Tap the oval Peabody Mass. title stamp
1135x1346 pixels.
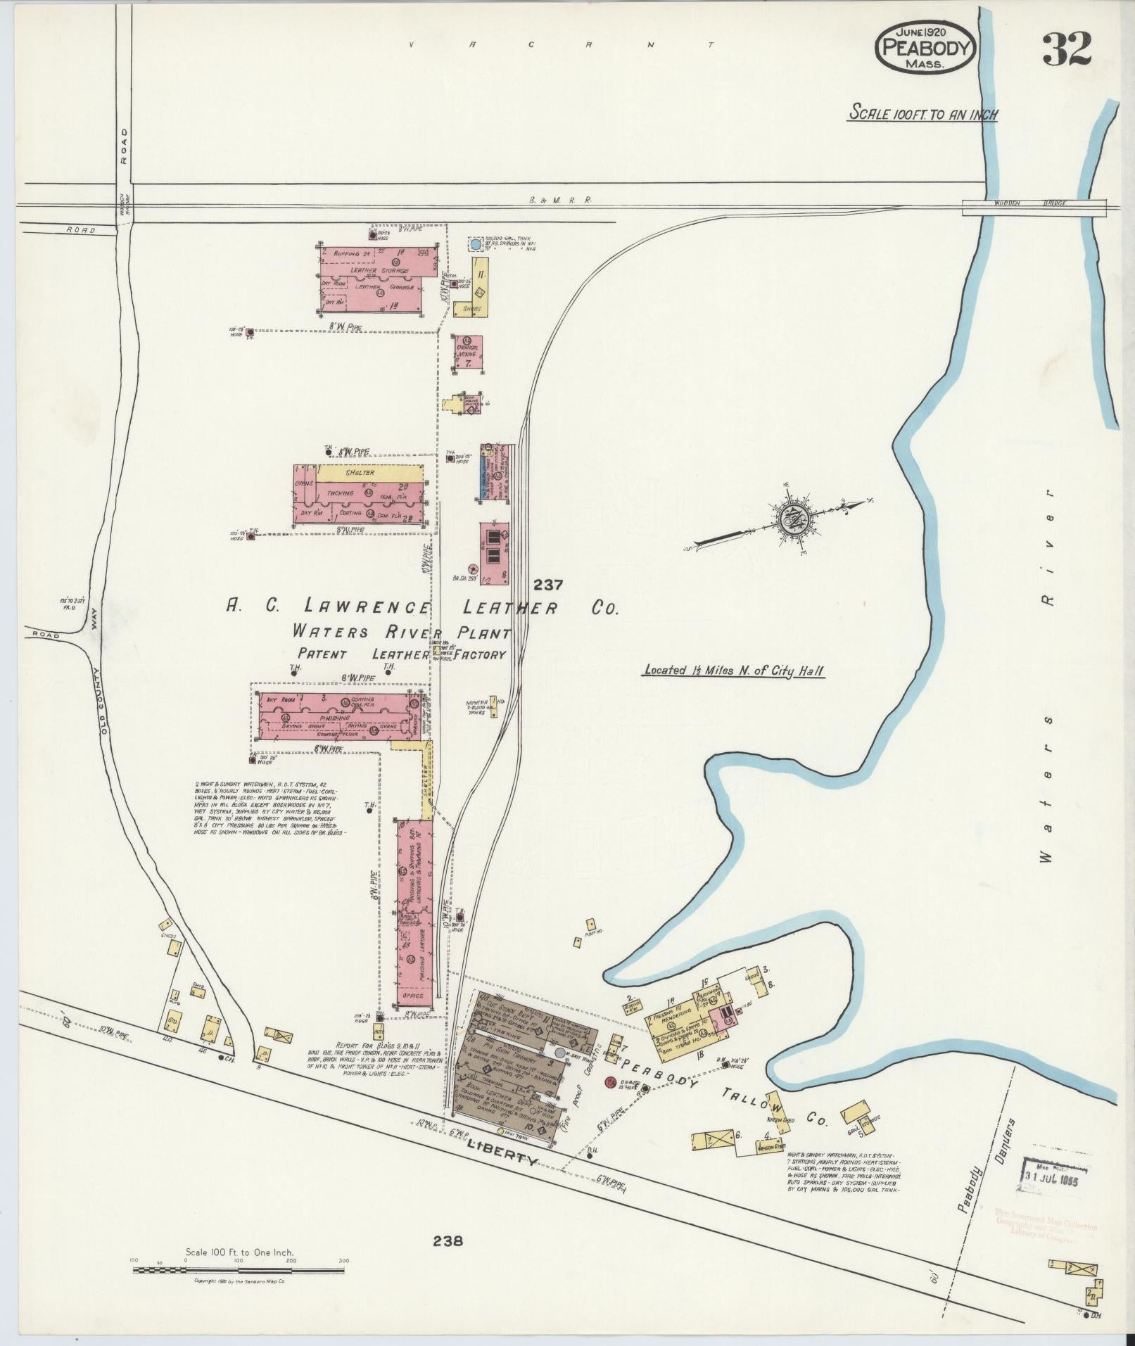point(925,48)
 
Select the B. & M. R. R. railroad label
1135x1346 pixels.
point(561,200)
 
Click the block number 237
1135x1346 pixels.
point(548,584)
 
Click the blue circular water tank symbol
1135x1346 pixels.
point(476,244)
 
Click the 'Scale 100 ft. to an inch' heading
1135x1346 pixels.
point(923,113)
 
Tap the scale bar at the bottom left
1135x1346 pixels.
point(239,1269)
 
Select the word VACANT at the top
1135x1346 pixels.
point(561,45)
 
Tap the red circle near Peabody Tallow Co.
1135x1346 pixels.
point(610,1081)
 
